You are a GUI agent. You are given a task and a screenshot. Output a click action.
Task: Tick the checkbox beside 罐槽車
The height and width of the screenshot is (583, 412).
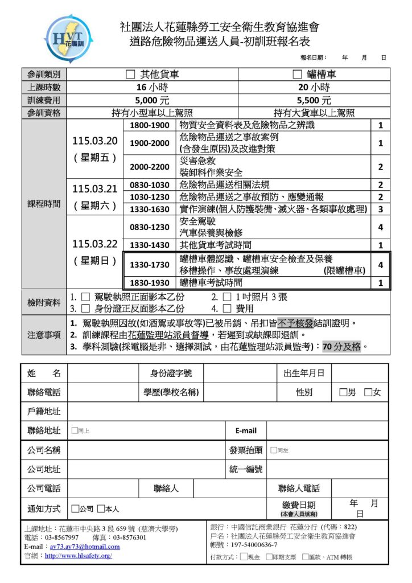click(x=296, y=75)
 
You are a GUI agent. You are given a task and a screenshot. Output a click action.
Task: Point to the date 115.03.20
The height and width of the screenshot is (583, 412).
click(x=95, y=141)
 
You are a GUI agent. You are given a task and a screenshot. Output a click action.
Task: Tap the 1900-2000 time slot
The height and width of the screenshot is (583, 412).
click(x=150, y=143)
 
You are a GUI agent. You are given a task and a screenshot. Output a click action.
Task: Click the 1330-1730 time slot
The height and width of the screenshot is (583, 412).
click(x=150, y=265)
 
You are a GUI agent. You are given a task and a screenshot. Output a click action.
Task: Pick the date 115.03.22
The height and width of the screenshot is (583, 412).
click(x=95, y=244)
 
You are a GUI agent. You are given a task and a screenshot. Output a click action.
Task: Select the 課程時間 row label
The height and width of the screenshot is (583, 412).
click(x=43, y=204)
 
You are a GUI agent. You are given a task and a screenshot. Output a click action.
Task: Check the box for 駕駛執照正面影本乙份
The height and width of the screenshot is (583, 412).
click(x=85, y=297)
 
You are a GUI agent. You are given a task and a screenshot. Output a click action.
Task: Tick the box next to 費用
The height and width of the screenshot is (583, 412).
click(x=226, y=309)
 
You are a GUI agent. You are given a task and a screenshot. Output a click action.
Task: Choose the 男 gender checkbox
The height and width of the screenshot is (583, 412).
click(x=343, y=392)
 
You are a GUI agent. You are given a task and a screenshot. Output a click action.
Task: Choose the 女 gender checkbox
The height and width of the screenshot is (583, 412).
click(x=368, y=392)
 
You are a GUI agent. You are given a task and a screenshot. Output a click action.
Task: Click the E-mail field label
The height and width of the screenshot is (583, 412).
click(x=246, y=431)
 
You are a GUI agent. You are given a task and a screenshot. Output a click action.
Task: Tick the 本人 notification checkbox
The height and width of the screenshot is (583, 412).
click(x=101, y=509)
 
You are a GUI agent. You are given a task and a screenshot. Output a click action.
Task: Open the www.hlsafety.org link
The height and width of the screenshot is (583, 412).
click(x=78, y=556)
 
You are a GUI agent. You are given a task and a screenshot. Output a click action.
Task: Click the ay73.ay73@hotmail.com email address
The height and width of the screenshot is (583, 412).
click(x=80, y=547)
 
